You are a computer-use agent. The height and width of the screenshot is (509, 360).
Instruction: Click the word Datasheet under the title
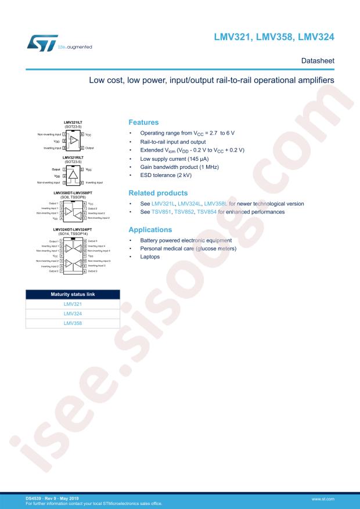pyautogui.click(x=318, y=60)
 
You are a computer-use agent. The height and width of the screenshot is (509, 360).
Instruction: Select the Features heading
pyautogui.click(x=143, y=122)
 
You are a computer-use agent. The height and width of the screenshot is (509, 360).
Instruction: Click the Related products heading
pyautogui.click(x=158, y=192)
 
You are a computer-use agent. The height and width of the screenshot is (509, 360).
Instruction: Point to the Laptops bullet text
pyautogui.click(x=150, y=257)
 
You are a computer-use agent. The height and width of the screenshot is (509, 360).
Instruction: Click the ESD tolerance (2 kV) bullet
pyautogui.click(x=171, y=175)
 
